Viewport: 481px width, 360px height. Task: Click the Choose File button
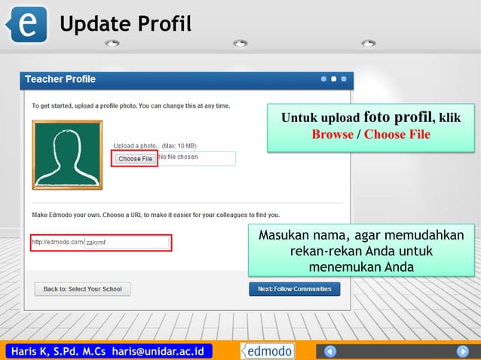[135, 159]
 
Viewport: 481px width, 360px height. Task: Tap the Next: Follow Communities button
[295, 288]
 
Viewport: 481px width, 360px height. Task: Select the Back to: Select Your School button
[82, 288]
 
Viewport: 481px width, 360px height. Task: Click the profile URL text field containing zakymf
[127, 243]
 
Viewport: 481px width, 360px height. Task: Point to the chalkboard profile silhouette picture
[67, 154]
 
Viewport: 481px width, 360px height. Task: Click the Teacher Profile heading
[60, 79]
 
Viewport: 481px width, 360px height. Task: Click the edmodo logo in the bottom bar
[268, 351]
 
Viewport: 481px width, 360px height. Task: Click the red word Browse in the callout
[332, 134]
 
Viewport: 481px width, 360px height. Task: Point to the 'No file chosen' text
[178, 157]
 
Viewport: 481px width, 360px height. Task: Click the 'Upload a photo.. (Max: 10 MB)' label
[155, 145]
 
